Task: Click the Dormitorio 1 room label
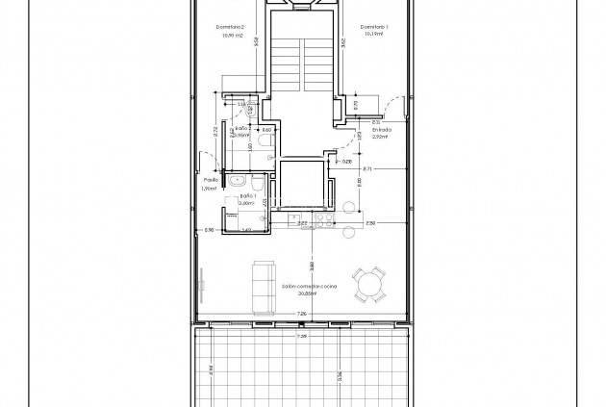375,27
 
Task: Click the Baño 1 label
245,195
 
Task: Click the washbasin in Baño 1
236,180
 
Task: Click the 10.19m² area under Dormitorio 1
375,35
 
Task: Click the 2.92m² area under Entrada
369,138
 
